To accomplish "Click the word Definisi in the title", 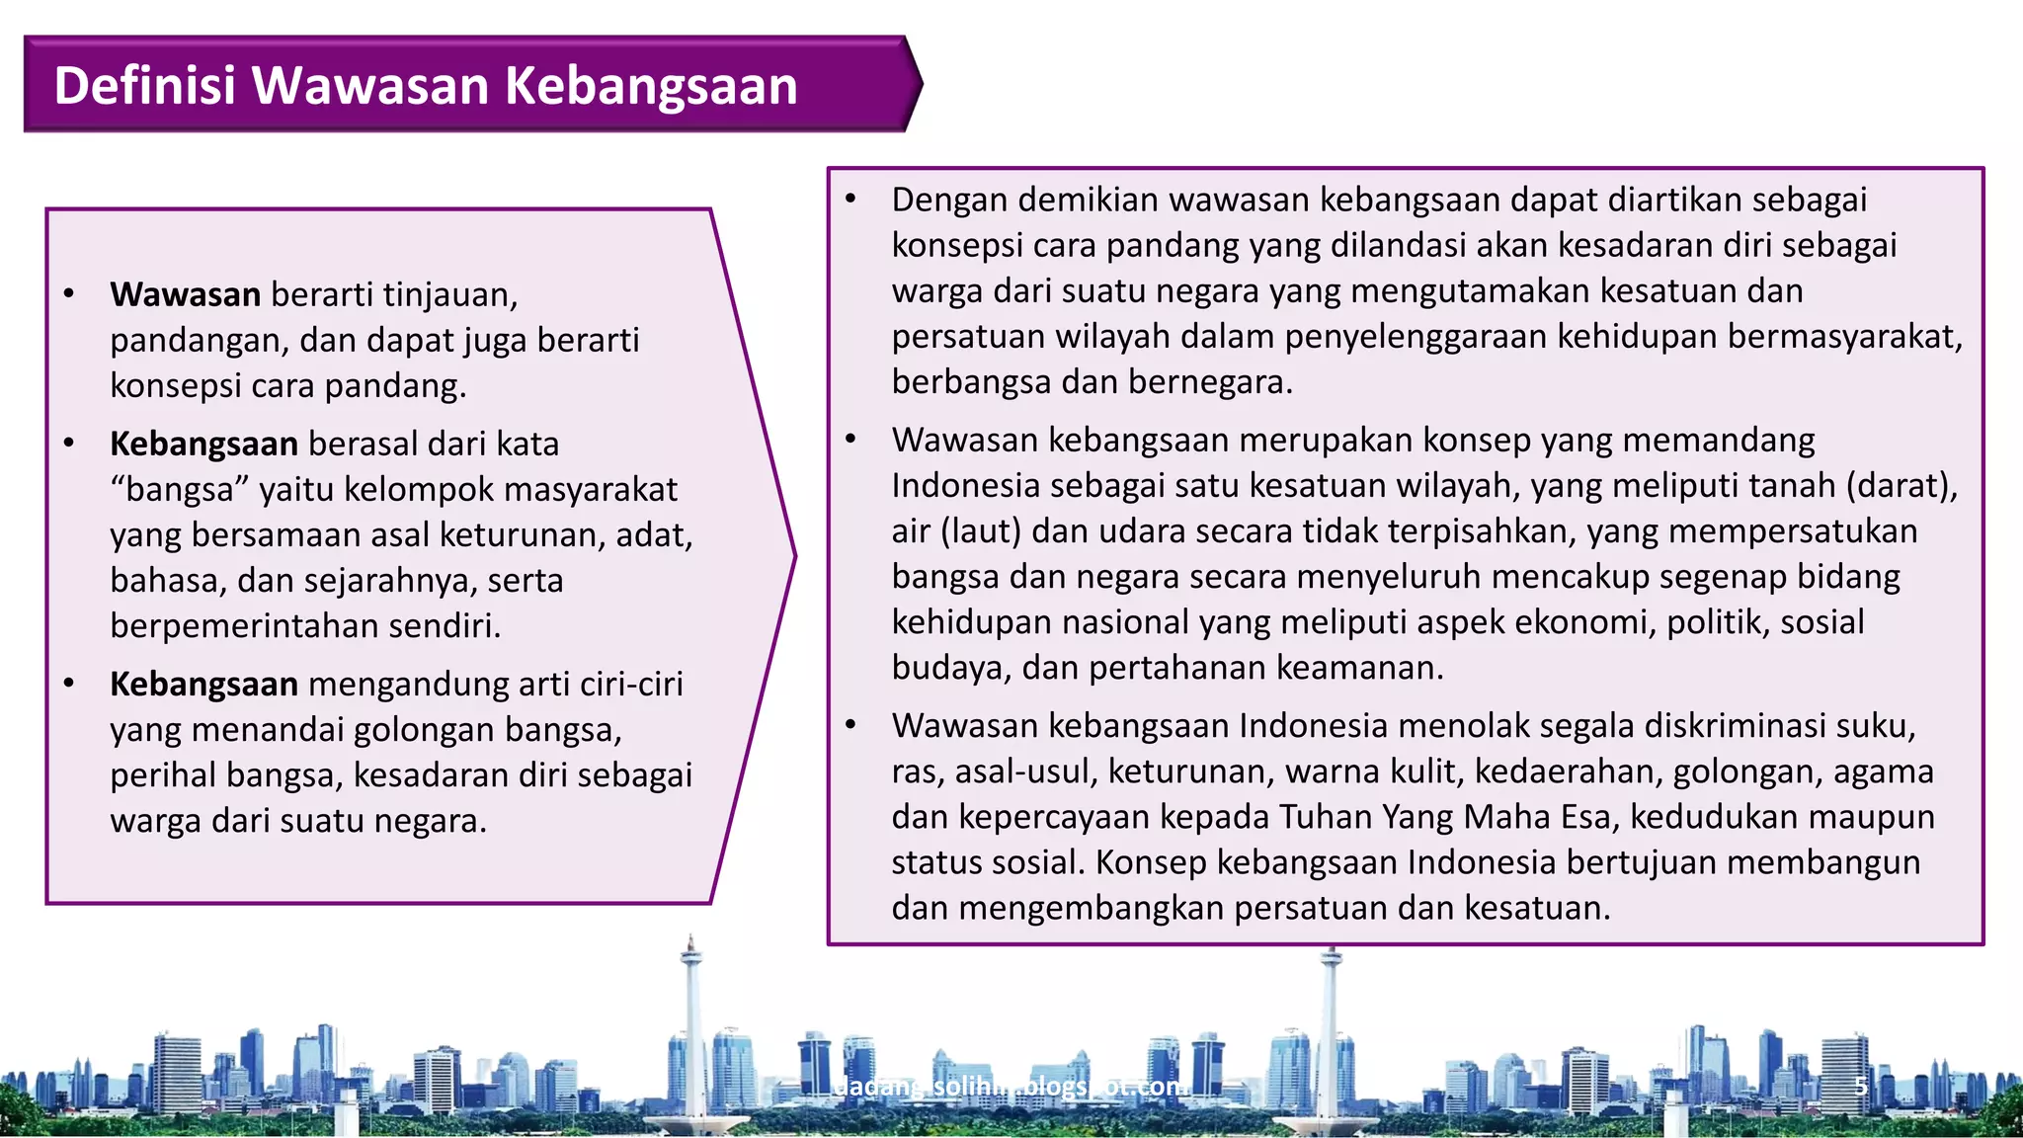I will (144, 85).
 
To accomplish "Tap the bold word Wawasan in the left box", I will (185, 294).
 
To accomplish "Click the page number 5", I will (1860, 1087).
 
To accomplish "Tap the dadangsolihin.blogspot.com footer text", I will (1010, 1087).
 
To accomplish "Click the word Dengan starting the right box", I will (949, 200).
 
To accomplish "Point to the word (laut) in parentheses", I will (980, 531).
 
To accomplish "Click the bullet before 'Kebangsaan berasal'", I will (69, 443).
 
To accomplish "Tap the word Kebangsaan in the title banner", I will (651, 85).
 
